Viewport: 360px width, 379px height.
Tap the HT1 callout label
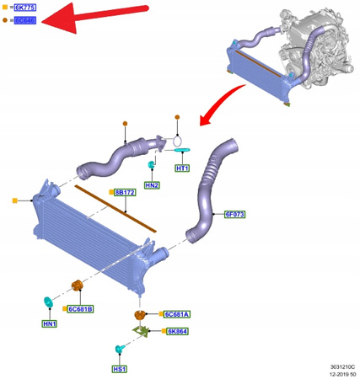click(183, 168)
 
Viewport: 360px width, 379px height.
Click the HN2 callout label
click(152, 184)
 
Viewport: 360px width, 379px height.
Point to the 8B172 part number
click(125, 193)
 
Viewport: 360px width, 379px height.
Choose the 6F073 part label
click(234, 214)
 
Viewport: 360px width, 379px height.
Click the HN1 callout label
click(49, 323)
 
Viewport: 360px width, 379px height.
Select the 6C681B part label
click(81, 309)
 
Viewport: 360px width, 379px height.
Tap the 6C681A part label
click(177, 313)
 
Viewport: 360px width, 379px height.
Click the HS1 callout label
click(119, 369)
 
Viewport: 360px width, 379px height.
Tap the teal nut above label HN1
click(48, 302)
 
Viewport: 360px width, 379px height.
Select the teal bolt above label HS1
click(119, 348)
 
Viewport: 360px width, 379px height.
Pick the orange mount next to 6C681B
click(76, 288)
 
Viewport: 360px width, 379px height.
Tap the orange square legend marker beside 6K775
click(6, 7)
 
